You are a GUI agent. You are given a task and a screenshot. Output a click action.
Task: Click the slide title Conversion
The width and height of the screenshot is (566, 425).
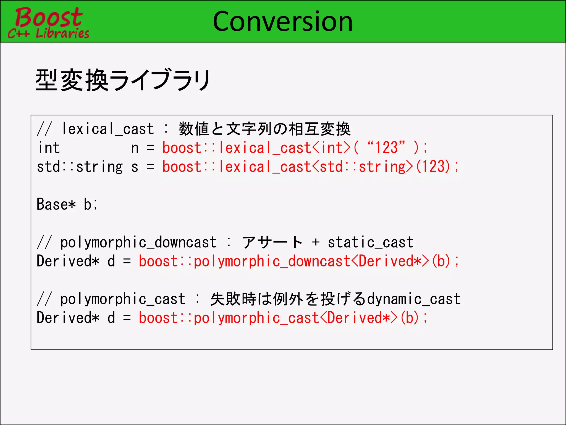[x=282, y=22]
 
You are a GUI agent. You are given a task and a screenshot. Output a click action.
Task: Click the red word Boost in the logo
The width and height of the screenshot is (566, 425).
[x=49, y=17]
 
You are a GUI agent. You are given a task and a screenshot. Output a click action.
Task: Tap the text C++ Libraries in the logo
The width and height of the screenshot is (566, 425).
[x=49, y=33]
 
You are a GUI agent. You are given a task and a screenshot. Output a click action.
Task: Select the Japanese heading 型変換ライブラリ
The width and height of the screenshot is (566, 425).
[x=123, y=80]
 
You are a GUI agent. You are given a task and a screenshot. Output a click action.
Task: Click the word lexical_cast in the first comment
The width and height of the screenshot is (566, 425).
[x=108, y=129]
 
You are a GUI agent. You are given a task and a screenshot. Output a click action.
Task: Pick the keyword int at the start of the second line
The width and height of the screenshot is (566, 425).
[x=49, y=148]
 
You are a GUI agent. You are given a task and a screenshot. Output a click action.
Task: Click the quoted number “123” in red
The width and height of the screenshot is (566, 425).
[x=386, y=147]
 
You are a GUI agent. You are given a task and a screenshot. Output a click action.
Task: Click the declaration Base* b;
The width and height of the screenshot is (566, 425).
[x=67, y=204]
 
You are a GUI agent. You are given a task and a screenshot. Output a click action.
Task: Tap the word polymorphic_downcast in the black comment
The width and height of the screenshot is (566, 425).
[x=138, y=243]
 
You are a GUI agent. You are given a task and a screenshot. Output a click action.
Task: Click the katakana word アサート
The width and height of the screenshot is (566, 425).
[x=272, y=243]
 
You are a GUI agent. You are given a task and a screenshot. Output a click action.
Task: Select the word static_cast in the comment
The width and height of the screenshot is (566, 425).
[x=370, y=243]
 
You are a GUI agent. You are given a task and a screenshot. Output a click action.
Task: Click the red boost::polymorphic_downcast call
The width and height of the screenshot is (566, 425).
[x=298, y=261]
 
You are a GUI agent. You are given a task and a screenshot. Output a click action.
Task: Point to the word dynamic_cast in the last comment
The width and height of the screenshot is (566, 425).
[x=414, y=299]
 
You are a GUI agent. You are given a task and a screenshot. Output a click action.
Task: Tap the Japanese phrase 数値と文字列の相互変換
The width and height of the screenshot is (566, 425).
[x=265, y=129]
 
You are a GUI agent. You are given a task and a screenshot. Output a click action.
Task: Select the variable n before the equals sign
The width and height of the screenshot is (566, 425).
[x=135, y=148]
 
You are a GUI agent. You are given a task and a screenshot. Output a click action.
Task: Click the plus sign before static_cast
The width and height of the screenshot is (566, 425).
[x=316, y=243]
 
